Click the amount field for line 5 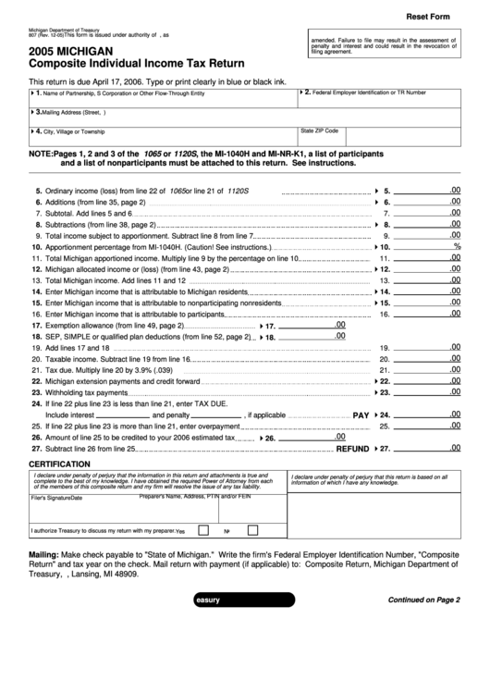tap(429, 190)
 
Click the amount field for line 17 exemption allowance tap(314, 326)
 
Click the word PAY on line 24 tap(361, 415)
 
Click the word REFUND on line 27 tap(352, 448)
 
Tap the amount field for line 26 tap(314, 437)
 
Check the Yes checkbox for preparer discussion tap(202, 531)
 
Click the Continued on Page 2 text tap(423, 600)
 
